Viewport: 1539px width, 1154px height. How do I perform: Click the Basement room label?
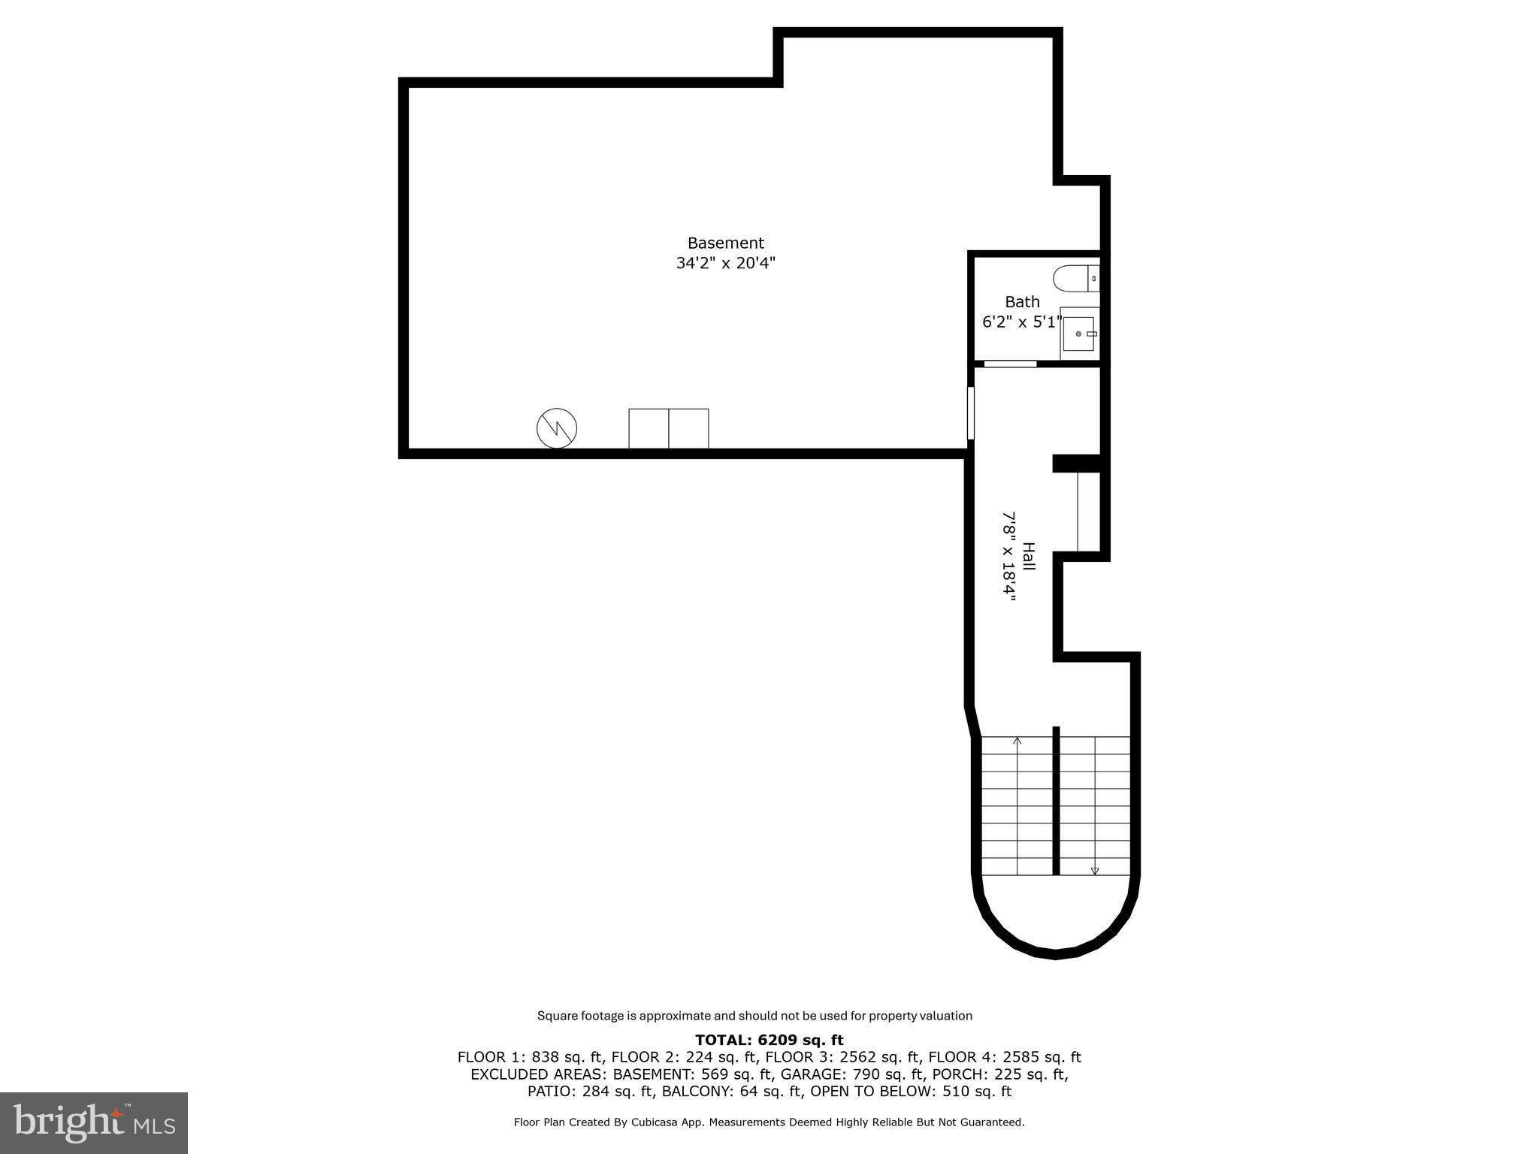coord(725,243)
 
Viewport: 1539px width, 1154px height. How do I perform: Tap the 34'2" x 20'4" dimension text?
coord(725,264)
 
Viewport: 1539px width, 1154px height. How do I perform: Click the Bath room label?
coord(1022,302)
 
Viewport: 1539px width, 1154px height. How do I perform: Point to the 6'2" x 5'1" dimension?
coord(1022,322)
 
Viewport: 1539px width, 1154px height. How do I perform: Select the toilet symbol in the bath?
coord(1075,279)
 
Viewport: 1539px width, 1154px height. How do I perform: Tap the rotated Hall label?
coord(1029,556)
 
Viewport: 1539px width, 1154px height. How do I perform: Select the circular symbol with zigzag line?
coord(557,428)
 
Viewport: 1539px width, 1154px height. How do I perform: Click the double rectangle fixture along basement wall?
coord(668,428)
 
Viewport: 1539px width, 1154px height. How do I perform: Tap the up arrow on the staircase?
coord(1017,742)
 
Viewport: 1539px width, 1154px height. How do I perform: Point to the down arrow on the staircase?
coord(1095,870)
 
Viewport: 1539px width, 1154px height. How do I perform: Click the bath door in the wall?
coord(1010,364)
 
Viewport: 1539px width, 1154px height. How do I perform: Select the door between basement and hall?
coord(971,412)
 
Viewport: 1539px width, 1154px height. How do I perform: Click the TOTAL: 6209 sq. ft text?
coord(769,1040)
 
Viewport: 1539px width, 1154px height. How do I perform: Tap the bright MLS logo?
coord(94,1122)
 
